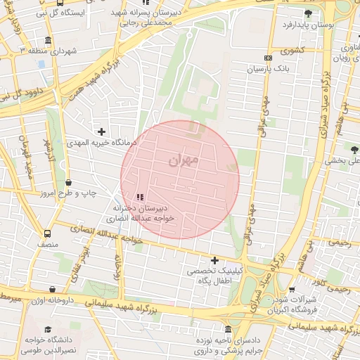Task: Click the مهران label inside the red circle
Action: pos(184,161)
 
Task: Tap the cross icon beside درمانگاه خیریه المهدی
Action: pos(102,131)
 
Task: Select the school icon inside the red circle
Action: pos(139,197)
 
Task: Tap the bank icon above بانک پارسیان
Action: pos(267,58)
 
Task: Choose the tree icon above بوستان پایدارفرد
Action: pos(307,13)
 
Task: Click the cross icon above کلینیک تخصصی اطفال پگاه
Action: pos(214,260)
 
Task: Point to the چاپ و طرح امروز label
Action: pos(67,192)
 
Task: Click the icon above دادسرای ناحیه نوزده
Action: pos(228,330)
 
